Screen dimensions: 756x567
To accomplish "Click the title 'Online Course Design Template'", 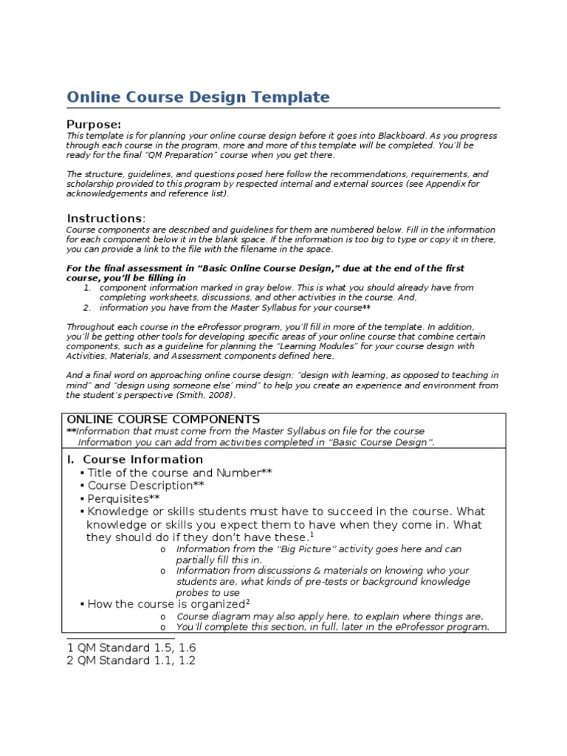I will coord(198,97).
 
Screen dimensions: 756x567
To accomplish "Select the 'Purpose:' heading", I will coord(94,124).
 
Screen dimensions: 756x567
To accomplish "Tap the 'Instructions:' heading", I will coord(106,219).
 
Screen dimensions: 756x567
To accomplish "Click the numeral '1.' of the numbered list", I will coord(86,288).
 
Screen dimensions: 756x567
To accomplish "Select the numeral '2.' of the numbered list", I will coord(86,307).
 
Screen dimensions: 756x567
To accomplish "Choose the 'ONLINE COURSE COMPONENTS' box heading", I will coord(163,419).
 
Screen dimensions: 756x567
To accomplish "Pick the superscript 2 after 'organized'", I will coord(247,601).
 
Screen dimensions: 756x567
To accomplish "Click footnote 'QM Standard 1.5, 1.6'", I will coord(131,647).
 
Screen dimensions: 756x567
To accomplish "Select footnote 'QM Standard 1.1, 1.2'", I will coord(131,661).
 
